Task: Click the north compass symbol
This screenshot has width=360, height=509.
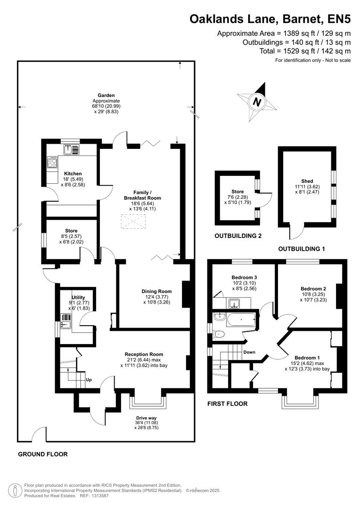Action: (257, 101)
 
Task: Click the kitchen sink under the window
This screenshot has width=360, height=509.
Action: (72, 150)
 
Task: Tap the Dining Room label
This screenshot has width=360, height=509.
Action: (156, 291)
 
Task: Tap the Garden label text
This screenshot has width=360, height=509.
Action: (106, 95)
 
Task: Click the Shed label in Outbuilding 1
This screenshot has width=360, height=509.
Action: (307, 181)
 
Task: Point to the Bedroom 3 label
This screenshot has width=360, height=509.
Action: (243, 277)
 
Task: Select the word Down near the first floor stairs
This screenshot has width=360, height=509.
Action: (249, 352)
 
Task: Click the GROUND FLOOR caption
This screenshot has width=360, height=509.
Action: (43, 454)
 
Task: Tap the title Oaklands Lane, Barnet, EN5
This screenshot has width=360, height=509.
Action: (270, 19)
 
